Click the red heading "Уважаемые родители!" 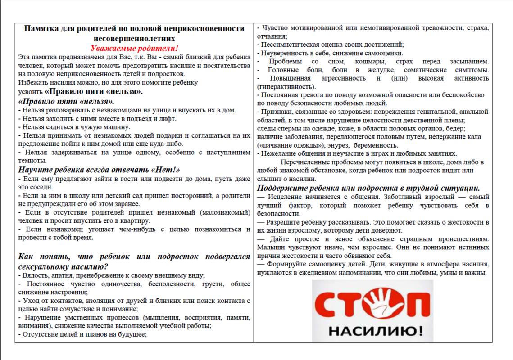(134, 49)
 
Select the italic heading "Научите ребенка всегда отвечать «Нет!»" (99, 170)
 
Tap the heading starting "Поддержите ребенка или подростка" (368, 188)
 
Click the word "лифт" (170, 119)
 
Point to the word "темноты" (32, 160)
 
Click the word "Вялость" (34, 275)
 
